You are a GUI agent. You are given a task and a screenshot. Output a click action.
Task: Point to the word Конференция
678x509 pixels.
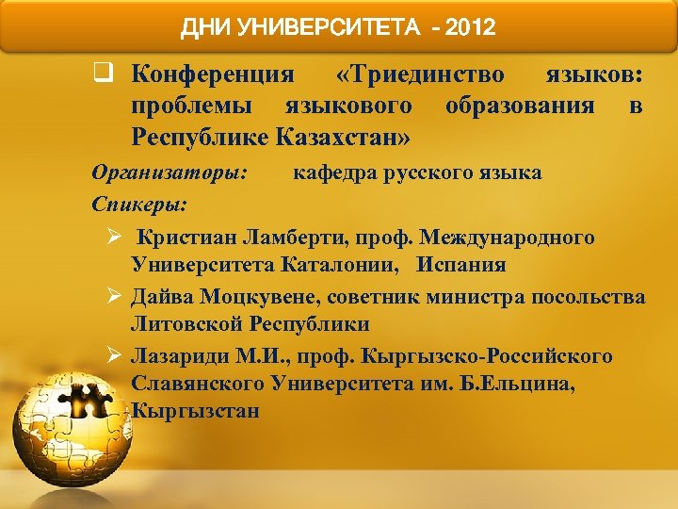[213, 73]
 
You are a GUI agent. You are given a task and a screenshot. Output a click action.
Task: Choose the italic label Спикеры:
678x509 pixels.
[138, 203]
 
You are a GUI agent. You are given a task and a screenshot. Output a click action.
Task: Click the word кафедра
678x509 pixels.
[335, 173]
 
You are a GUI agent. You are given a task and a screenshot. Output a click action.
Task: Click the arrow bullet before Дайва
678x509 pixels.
[113, 296]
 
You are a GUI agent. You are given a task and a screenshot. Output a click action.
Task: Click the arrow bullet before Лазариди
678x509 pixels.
[113, 356]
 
